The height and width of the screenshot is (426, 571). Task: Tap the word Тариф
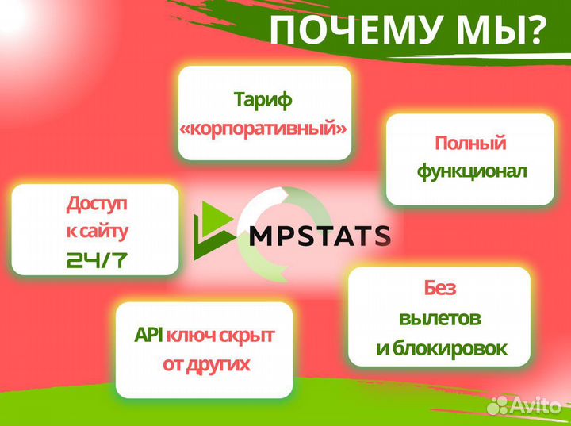pos(263,101)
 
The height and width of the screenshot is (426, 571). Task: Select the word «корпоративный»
pos(264,129)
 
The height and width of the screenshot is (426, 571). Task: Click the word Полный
pos(469,144)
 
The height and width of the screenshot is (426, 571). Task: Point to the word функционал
pos(469,171)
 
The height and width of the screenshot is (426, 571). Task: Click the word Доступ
pos(95,205)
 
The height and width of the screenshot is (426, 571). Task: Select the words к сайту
pos(95,232)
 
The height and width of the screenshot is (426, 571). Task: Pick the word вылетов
pos(439,318)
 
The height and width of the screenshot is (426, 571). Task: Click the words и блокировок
pos(439,347)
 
